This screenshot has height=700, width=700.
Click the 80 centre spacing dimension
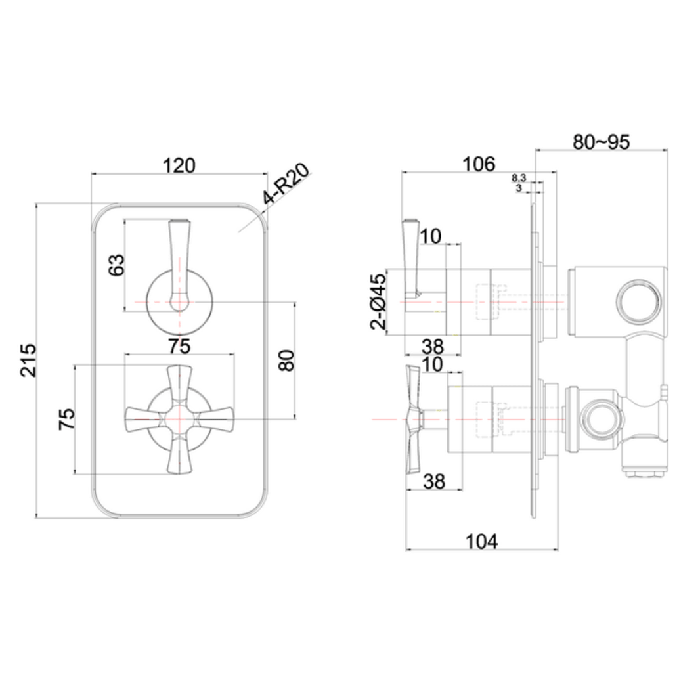286,359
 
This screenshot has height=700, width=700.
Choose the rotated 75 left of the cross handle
67,419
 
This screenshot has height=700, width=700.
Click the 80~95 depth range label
601,142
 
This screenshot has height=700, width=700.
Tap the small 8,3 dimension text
518,177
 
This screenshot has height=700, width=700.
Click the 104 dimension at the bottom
482,541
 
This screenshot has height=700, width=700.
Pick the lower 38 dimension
433,481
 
